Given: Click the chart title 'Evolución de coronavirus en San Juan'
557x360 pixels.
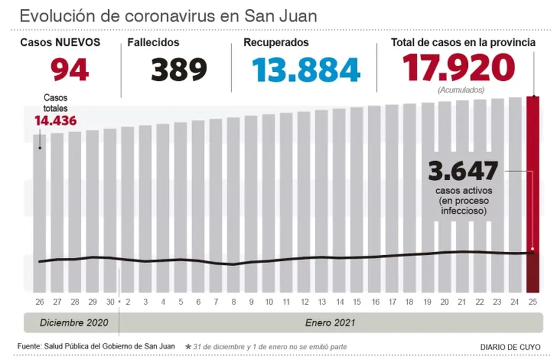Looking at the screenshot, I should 168,15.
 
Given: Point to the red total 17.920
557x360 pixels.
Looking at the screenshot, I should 458,67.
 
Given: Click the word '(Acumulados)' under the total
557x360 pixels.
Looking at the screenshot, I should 461,90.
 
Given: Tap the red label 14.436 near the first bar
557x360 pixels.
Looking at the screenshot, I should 55,120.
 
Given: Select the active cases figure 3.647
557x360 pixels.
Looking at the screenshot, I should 462,171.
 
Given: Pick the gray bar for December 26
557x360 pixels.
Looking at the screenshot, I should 40,212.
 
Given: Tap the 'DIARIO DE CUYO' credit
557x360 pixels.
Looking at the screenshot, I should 510,347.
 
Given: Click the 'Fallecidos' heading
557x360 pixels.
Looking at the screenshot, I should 153,42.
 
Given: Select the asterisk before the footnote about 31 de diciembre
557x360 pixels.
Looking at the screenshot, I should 188,347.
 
